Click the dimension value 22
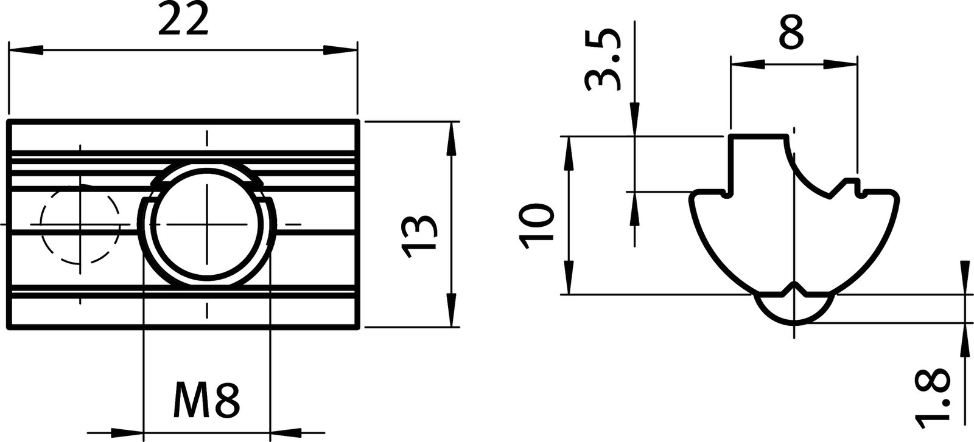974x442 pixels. coord(183,23)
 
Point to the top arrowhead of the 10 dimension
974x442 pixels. coord(568,152)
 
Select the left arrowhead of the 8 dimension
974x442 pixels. coord(748,63)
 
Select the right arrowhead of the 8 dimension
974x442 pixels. coord(840,63)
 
